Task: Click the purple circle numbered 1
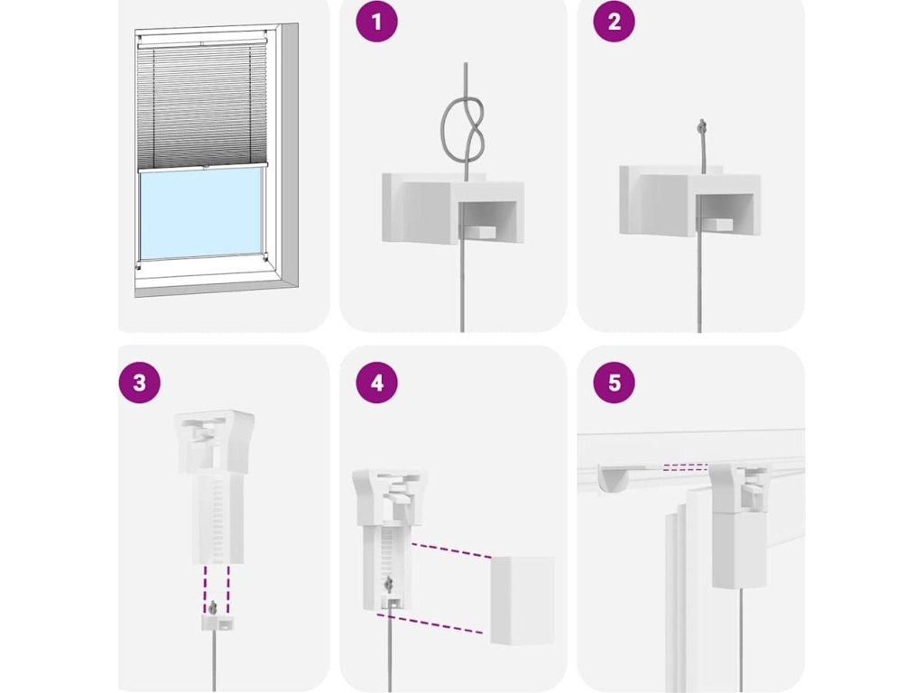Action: pos(376,22)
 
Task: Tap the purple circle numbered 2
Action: pos(614,22)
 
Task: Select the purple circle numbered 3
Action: pos(139,383)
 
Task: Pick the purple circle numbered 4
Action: pos(376,383)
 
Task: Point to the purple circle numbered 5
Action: pos(614,383)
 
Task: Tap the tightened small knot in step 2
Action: pos(701,125)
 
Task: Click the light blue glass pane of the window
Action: pos(200,215)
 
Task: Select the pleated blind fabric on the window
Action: pos(202,106)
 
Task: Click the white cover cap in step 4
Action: pos(522,599)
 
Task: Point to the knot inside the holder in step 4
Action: pos(389,585)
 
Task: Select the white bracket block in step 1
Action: pos(453,208)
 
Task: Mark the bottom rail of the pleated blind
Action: pos(202,167)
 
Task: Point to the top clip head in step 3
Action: pos(215,440)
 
